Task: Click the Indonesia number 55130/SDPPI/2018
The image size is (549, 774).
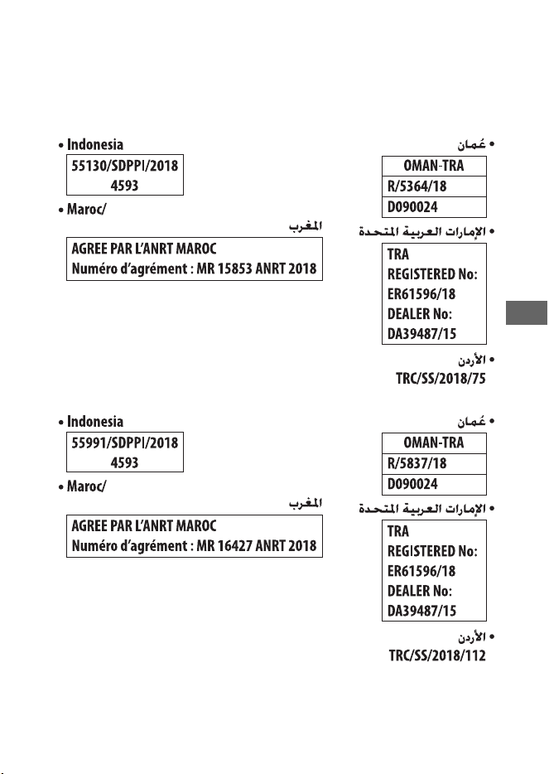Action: coord(125,166)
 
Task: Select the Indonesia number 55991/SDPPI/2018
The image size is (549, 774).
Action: coord(125,443)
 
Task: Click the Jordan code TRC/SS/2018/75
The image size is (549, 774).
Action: coord(441,379)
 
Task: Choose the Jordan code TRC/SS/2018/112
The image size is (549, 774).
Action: coord(437,655)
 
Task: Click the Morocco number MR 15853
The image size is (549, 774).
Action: coord(224,268)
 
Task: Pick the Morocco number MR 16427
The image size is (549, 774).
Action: coord(224,545)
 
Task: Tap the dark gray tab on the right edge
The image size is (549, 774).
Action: coord(527,312)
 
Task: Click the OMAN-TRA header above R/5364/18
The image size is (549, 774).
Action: coord(434,166)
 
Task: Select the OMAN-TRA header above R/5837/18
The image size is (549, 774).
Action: coord(434,443)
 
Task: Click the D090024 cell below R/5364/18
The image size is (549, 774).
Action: coord(412,207)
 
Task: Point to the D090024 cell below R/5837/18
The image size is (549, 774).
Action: coord(412,484)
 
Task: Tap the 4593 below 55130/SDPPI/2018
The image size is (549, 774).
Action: coord(124,186)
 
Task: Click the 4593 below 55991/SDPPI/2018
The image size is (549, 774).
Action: coord(124,462)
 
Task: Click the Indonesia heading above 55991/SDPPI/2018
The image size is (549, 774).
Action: coord(94,422)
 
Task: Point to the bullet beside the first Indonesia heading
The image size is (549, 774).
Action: coord(60,146)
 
